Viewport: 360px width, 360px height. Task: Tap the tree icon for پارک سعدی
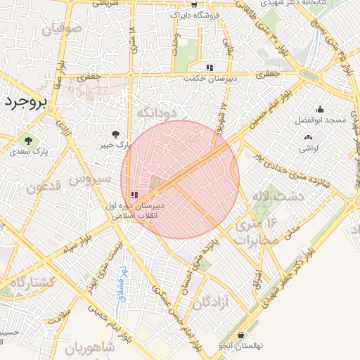pyautogui.click(x=29, y=140)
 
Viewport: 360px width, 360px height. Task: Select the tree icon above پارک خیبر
pyautogui.click(x=115, y=134)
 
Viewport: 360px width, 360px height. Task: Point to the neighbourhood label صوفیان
pyautogui.click(x=62, y=30)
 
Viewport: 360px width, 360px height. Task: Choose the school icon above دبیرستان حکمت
pyautogui.click(x=209, y=68)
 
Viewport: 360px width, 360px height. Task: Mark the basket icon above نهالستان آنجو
pyautogui.click(x=243, y=335)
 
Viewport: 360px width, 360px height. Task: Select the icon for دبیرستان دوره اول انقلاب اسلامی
pyautogui.click(x=134, y=195)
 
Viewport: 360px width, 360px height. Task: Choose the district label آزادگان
pyautogui.click(x=212, y=303)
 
